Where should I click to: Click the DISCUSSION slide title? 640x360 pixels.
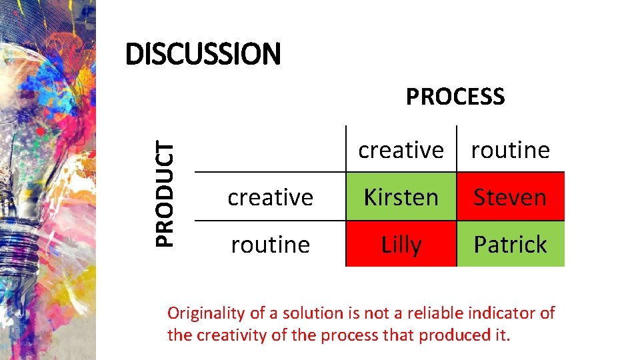(x=203, y=54)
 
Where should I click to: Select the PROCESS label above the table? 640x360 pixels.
(x=455, y=97)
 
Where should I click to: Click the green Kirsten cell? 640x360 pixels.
(x=401, y=197)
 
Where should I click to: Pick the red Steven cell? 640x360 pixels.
(x=510, y=197)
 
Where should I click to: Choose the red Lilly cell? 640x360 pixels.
(x=401, y=245)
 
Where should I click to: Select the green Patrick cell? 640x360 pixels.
(x=510, y=245)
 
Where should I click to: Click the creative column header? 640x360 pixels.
(x=401, y=150)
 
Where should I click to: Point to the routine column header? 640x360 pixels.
(x=510, y=150)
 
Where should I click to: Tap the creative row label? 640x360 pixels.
(x=270, y=197)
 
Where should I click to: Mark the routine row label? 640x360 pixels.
(x=270, y=245)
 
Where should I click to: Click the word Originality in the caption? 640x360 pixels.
(x=206, y=313)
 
